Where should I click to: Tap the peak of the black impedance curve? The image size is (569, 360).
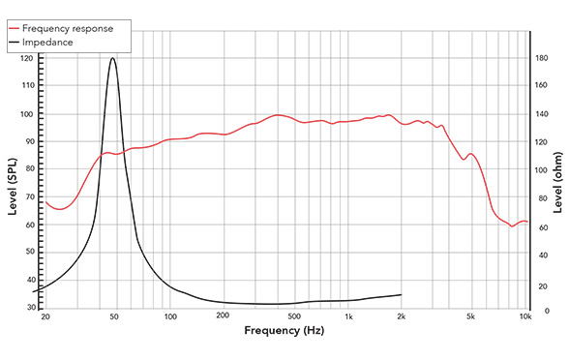113,58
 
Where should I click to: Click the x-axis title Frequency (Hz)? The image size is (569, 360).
284,331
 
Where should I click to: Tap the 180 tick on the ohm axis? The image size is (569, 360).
544,59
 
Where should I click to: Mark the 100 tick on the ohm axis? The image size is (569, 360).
544,170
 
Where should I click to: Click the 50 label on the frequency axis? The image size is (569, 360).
114,317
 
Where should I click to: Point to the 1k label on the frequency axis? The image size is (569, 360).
348,317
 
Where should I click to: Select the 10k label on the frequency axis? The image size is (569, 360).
525,317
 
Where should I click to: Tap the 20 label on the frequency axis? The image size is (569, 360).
45,317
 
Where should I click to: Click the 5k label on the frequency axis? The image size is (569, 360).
471,317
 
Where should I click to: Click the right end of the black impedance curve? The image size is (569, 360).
401,294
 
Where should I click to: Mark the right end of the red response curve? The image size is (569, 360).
527,222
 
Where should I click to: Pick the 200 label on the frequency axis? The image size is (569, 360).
222,317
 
